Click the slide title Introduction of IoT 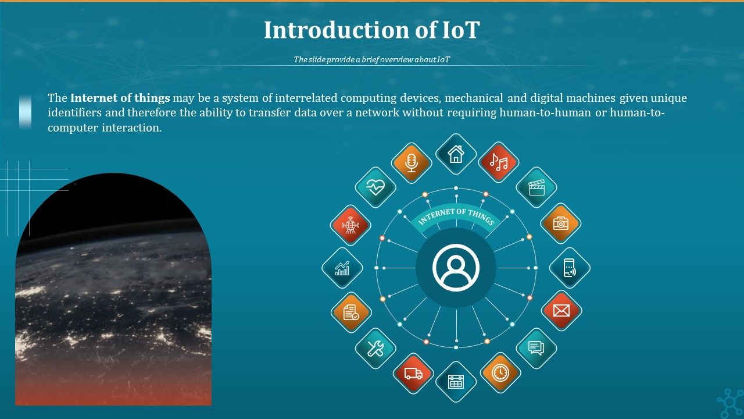[x=371, y=30]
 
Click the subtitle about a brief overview [x=371, y=59]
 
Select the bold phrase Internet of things [x=120, y=98]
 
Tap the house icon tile [x=456, y=154]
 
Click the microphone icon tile [x=412, y=163]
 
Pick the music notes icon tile [x=498, y=162]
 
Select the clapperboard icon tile [x=536, y=187]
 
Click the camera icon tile [x=561, y=223]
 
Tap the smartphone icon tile [x=570, y=268]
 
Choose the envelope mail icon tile [x=561, y=311]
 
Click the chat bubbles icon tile [x=536, y=348]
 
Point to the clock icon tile [x=500, y=372]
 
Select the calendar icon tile [x=456, y=382]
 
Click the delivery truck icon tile [x=413, y=374]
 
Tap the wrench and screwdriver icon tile [x=375, y=349]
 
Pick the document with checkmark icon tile [x=351, y=313]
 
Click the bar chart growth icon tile [x=342, y=268]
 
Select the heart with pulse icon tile [x=375, y=187]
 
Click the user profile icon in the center [x=456, y=268]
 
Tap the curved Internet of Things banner [x=456, y=218]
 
